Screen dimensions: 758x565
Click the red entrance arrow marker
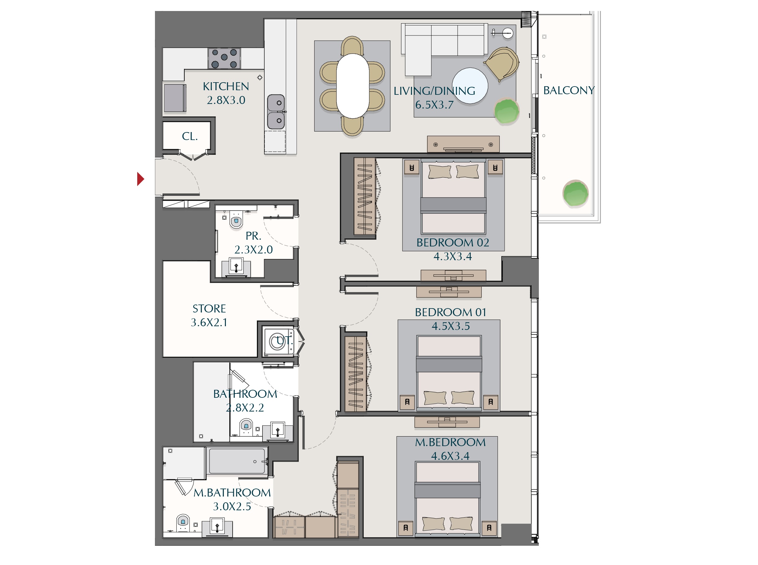(x=140, y=179)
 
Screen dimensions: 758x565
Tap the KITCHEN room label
(x=226, y=86)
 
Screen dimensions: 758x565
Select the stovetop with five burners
(x=224, y=58)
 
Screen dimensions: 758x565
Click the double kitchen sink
(x=276, y=112)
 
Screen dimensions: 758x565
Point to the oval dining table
(x=352, y=86)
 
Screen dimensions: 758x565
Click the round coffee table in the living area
(x=470, y=86)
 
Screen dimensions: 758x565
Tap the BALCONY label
(x=569, y=90)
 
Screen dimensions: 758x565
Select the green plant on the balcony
(x=576, y=194)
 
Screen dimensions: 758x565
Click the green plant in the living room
(x=507, y=111)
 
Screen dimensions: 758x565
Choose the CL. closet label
(x=190, y=136)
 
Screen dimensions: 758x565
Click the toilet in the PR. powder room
(x=236, y=220)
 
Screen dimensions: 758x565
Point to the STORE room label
(x=209, y=308)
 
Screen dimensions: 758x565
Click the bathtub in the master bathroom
(x=237, y=461)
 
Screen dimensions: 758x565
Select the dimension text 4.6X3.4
(x=450, y=456)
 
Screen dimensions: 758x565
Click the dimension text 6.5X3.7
(x=434, y=105)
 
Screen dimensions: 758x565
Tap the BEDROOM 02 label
(x=453, y=242)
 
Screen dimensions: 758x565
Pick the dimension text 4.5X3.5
(x=451, y=326)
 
